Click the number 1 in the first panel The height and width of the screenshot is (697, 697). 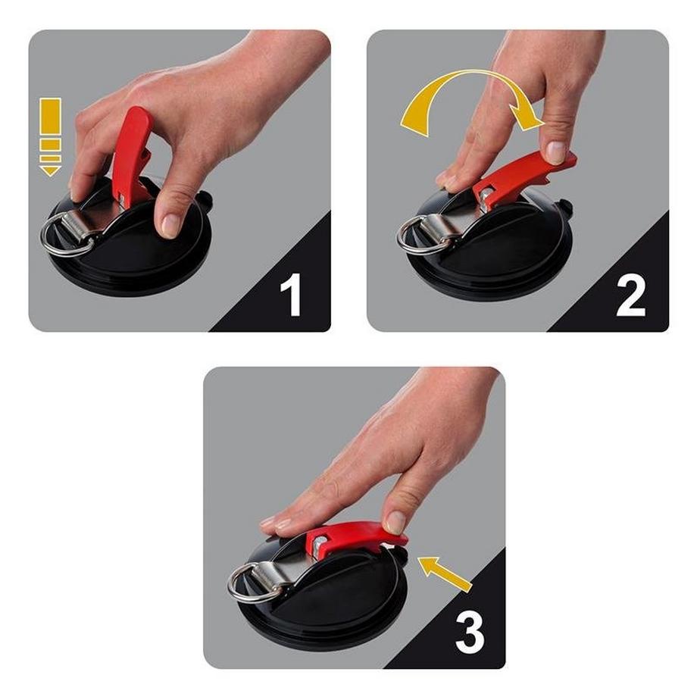291,295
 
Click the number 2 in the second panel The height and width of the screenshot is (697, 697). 630,295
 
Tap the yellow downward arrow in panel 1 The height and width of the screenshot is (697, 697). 51,136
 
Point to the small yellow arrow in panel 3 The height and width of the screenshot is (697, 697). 444,572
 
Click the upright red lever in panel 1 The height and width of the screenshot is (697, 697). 132,152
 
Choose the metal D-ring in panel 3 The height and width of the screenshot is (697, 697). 246,584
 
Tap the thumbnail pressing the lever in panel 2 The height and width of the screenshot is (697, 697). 557,152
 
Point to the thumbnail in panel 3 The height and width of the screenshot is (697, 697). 395,522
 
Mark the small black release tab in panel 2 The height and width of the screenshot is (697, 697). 564,207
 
